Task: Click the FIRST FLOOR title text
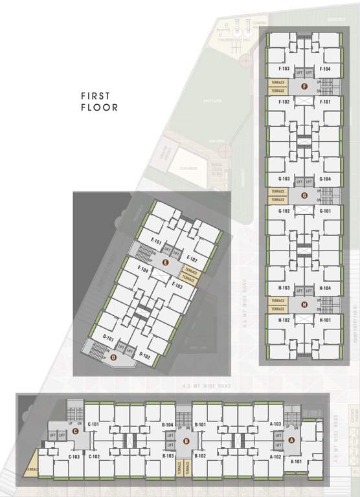tap(99, 102)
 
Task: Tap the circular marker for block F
tap(304, 87)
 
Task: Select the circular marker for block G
tap(304, 195)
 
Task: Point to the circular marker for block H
tap(304, 305)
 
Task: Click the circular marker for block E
tap(166, 262)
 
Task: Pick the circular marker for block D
tap(114, 357)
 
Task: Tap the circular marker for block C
tap(76, 430)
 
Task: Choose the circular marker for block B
tap(186, 441)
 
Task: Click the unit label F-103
tap(283, 69)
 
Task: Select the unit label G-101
tap(325, 210)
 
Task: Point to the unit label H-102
tap(283, 320)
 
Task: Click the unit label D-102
tap(145, 355)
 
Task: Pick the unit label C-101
tap(93, 424)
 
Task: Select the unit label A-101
tap(297, 461)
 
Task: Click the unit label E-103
tap(177, 285)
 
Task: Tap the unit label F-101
tap(325, 102)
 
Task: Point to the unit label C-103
tap(73, 456)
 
